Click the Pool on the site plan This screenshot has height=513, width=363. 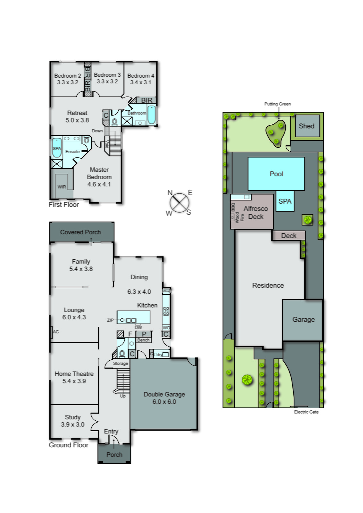[276, 174]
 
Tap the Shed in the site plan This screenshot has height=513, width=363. [306, 126]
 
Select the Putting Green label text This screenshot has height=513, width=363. [277, 104]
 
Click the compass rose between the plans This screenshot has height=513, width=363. [179, 203]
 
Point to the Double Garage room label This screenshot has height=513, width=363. [164, 394]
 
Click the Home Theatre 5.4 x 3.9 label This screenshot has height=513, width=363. [74, 377]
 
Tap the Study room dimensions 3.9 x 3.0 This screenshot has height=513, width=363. [73, 425]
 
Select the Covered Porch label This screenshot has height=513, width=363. [80, 232]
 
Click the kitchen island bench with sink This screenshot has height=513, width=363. [133, 317]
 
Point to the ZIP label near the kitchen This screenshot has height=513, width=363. [110, 320]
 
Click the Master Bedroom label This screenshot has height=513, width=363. [99, 173]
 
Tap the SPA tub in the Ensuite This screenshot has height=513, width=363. [57, 148]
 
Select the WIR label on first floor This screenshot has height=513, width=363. [62, 187]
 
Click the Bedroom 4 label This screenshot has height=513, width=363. [141, 76]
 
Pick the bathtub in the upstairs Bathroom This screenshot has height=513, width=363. [151, 115]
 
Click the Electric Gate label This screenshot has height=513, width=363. [306, 412]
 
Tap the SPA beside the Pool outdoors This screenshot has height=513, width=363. [285, 201]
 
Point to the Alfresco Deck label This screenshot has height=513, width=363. [256, 213]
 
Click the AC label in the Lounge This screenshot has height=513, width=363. [56, 332]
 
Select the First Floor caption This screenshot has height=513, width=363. [64, 205]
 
